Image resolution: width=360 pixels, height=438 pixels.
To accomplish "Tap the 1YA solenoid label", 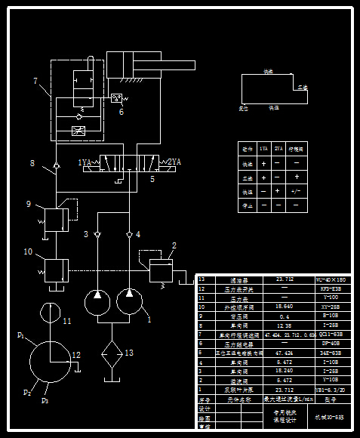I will point(85,162).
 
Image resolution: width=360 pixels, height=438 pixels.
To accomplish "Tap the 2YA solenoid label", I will point(174,162).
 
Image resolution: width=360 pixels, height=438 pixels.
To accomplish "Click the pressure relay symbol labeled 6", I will point(117,97).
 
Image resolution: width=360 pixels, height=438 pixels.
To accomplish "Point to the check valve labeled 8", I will point(48,166).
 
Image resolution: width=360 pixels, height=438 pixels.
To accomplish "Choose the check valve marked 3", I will point(98,235).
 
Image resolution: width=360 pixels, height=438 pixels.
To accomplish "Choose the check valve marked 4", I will point(130,235).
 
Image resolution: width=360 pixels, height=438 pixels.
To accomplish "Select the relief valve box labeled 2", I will point(161,270).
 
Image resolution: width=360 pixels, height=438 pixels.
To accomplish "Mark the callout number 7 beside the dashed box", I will point(35,81).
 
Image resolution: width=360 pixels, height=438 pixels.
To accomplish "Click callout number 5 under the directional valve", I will point(152,180).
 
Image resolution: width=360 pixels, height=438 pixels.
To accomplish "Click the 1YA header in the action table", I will point(263,149).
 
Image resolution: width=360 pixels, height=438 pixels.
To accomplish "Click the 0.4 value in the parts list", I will point(284,316).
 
